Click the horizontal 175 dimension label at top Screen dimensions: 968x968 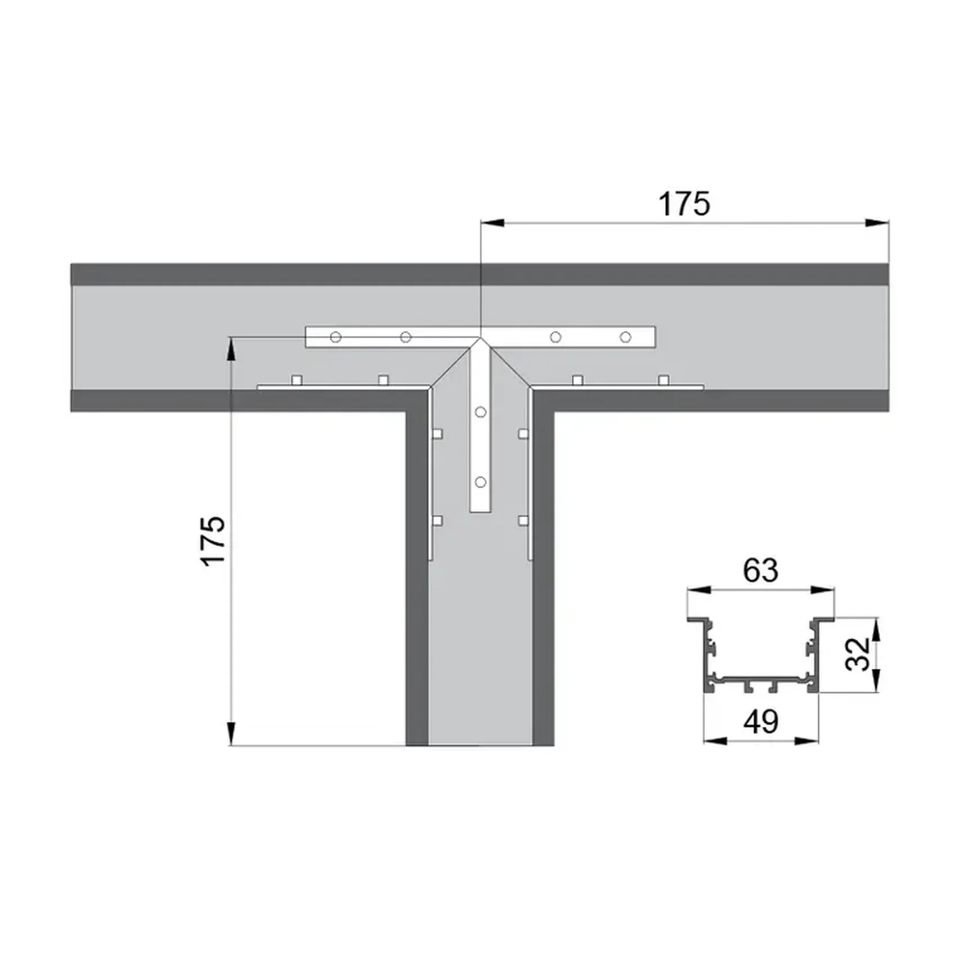point(684,204)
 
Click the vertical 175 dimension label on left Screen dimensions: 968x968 point(214,540)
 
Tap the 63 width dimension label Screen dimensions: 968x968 point(760,570)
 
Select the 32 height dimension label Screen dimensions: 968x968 point(858,654)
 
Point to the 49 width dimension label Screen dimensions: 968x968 point(761,721)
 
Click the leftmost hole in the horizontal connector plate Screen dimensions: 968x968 point(335,337)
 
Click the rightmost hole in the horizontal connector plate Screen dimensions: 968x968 point(625,337)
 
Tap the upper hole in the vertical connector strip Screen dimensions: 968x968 point(480,413)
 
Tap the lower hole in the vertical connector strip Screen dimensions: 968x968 point(480,482)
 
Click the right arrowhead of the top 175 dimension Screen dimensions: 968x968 point(877,223)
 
